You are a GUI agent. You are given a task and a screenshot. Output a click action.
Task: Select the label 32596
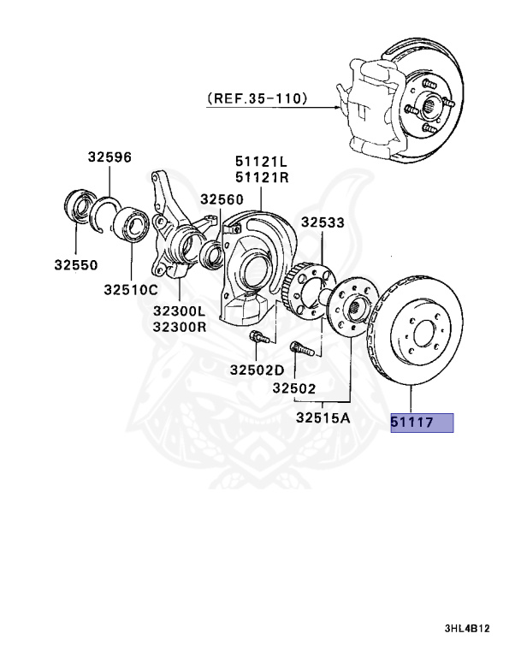(109, 157)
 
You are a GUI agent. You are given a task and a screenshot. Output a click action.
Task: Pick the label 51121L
(263, 162)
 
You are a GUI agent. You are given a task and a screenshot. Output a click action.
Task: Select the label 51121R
(263, 176)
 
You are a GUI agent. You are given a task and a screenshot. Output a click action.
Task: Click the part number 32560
(222, 198)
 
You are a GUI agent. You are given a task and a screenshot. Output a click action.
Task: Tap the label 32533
(323, 222)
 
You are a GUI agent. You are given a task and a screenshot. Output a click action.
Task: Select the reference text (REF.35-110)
(258, 99)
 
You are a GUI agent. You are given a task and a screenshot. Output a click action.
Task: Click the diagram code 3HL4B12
(467, 629)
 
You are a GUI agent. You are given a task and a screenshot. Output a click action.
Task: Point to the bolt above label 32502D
(258, 339)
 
